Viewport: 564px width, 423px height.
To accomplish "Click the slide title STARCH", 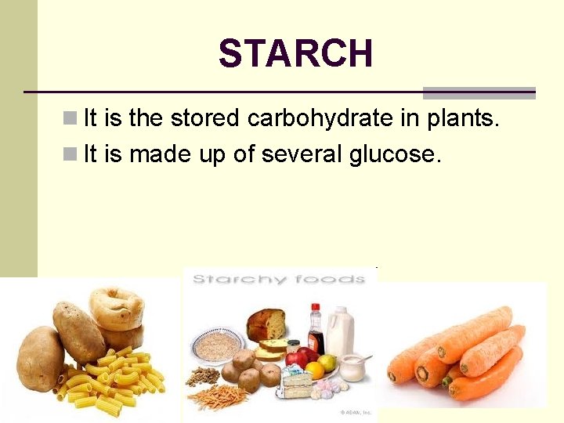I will [295, 54].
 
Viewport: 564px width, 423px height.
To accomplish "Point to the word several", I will [302, 154].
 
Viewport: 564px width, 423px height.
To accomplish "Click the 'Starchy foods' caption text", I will [278, 279].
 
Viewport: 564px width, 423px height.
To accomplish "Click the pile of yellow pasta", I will [117, 376].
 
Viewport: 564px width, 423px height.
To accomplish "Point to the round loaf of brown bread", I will [266, 324].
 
